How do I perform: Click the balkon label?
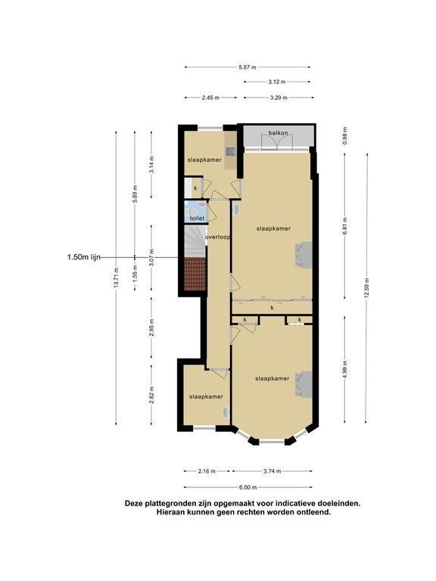(278, 133)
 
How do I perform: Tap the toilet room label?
(197, 218)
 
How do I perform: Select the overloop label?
(218, 237)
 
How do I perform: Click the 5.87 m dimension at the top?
(248, 67)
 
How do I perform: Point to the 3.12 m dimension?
(277, 82)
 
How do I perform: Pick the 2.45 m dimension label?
(210, 98)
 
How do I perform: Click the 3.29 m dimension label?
(279, 98)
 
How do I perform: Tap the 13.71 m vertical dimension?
(117, 278)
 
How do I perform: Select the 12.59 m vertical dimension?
(366, 287)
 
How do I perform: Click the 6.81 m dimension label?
(345, 225)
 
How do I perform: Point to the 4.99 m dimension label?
(345, 369)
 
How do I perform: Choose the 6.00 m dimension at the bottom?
(248, 487)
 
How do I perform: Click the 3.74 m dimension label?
(272, 471)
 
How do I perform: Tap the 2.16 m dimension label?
(207, 471)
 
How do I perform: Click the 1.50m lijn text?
(84, 257)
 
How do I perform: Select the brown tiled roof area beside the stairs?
(195, 274)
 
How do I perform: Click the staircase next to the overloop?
(195, 241)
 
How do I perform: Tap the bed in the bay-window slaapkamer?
(304, 384)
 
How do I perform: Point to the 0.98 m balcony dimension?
(345, 136)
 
